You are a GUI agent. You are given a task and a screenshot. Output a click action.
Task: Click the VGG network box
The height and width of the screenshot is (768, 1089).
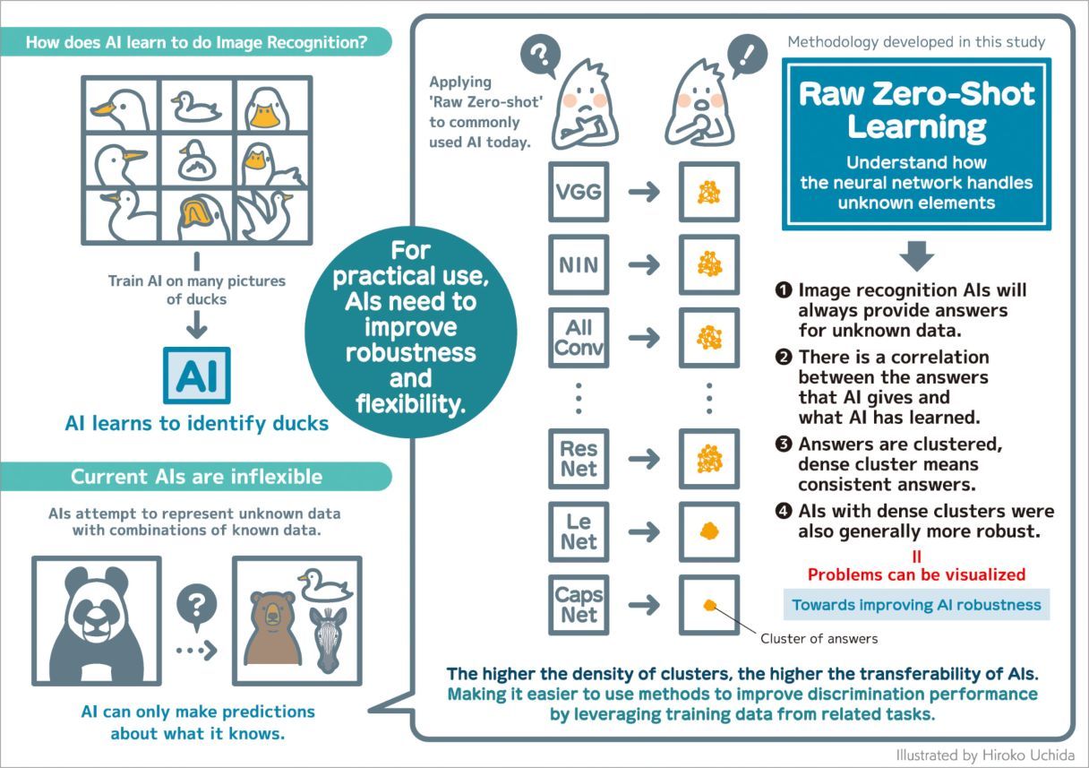[x=579, y=191]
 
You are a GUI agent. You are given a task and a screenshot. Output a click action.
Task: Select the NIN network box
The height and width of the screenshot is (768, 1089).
[x=579, y=264]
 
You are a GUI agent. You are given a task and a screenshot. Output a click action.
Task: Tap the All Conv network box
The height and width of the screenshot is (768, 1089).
[x=579, y=337]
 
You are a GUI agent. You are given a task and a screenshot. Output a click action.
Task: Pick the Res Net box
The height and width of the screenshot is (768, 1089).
[x=579, y=459]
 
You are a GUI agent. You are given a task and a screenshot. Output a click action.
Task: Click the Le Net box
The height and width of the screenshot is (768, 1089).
[x=579, y=531]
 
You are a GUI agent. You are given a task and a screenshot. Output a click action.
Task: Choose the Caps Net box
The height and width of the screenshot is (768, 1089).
[x=579, y=605]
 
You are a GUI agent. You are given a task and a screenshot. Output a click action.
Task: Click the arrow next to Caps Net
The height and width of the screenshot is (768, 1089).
[x=644, y=605]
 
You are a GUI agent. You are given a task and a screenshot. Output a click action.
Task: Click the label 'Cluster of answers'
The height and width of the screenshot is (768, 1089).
[x=819, y=638]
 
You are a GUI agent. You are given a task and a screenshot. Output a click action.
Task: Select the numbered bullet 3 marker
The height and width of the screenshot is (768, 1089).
[x=784, y=444]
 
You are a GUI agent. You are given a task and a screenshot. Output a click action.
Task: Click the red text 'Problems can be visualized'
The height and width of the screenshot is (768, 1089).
[x=916, y=574]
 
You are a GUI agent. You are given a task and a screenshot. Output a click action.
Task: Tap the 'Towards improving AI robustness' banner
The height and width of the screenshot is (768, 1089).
[x=916, y=605]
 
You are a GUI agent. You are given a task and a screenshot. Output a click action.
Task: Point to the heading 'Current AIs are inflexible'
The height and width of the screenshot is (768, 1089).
[x=196, y=476]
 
